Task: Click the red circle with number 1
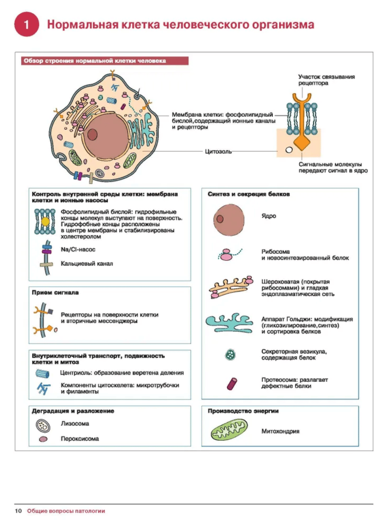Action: point(27,25)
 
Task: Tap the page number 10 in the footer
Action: point(18,511)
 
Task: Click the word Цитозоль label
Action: point(218,151)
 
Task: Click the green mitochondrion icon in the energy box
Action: point(228,431)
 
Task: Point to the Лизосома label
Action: point(75,424)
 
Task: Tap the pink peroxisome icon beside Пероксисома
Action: point(43,439)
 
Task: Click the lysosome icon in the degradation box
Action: point(43,424)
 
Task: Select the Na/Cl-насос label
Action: point(78,249)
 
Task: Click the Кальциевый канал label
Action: point(87,264)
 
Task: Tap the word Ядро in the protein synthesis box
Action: point(269,216)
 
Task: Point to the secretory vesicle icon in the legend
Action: point(230,355)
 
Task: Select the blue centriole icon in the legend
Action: point(43,373)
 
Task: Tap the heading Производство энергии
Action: point(243,411)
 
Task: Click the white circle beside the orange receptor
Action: point(289,150)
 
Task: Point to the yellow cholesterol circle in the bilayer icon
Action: point(45,221)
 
